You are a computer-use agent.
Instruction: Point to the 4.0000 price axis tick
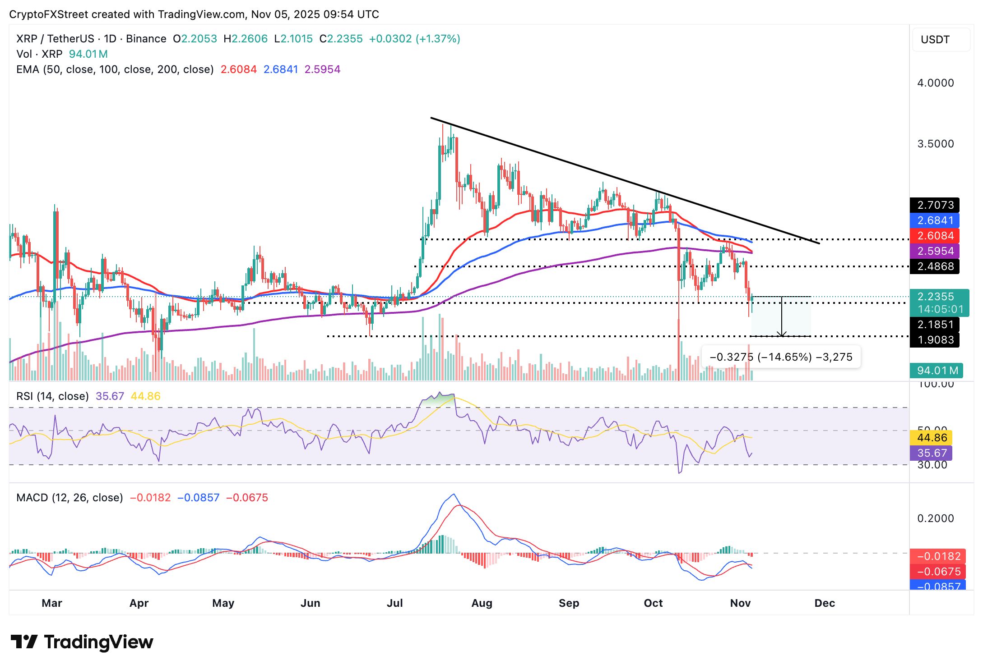[x=936, y=83]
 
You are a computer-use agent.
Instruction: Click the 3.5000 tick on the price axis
[x=936, y=144]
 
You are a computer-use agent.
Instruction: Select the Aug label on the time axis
[x=482, y=603]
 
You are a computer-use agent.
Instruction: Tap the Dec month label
[x=825, y=603]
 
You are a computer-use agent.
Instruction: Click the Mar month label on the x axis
[x=52, y=603]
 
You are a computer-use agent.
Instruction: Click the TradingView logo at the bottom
[x=82, y=642]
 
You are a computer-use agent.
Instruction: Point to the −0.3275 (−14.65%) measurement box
[x=781, y=357]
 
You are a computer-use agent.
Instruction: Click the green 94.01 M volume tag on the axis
[x=937, y=371]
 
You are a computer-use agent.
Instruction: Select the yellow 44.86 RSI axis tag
[x=932, y=438]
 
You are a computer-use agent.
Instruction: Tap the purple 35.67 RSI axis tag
[x=932, y=453]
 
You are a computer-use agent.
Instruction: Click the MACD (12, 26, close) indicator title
[x=70, y=498]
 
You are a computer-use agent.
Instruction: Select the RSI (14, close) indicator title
[x=52, y=396]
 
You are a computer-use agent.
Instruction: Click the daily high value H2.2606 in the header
[x=246, y=39]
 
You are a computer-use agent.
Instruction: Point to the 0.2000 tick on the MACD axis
[x=936, y=518]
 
